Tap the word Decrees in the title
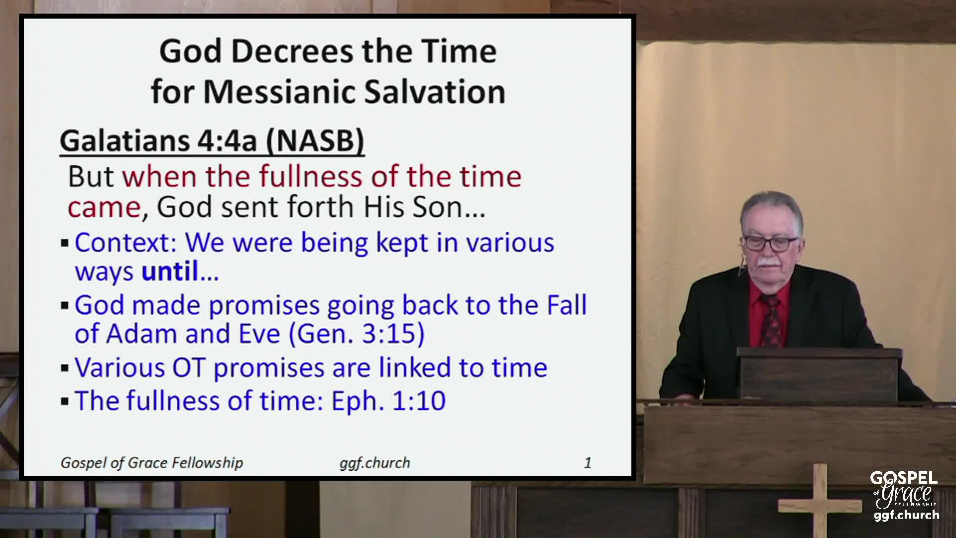[x=292, y=51]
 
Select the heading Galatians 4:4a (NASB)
[x=212, y=140]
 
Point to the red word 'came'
[x=104, y=208]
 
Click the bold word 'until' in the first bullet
[x=170, y=271]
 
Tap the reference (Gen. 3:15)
[x=357, y=334]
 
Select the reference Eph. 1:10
[x=388, y=401]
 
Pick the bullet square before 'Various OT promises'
[x=65, y=369]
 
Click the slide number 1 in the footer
[x=588, y=463]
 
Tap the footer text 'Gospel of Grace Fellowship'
[x=152, y=463]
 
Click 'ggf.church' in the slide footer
[x=375, y=463]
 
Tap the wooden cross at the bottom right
[x=820, y=501]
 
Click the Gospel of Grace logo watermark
[x=905, y=496]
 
